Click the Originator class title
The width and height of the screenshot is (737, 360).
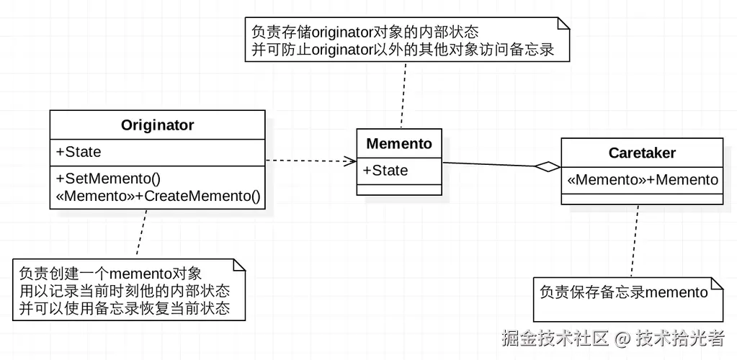pyautogui.click(x=157, y=125)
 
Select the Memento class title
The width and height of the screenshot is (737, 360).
pyautogui.click(x=399, y=144)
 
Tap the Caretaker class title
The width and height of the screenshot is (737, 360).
pyautogui.click(x=642, y=153)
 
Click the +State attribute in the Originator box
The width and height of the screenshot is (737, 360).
pyautogui.click(x=79, y=152)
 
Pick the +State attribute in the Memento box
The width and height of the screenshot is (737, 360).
pyautogui.click(x=385, y=171)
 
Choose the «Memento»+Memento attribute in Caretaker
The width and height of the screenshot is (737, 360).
pyautogui.click(x=642, y=180)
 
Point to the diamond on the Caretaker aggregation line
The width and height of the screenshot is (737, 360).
pyautogui.click(x=548, y=167)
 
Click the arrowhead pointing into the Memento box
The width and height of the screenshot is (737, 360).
pyautogui.click(x=350, y=161)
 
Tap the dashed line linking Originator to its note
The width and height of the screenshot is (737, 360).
pyautogui.click(x=141, y=234)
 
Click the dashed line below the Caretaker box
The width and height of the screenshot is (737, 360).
pyautogui.click(x=634, y=241)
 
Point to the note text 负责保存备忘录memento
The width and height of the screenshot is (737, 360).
pyautogui.click(x=624, y=292)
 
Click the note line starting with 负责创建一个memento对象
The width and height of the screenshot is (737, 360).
pyautogui.click(x=110, y=274)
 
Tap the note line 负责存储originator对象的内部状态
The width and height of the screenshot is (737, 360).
pyautogui.click(x=365, y=32)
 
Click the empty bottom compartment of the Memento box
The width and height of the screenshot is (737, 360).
pyautogui.click(x=399, y=189)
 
